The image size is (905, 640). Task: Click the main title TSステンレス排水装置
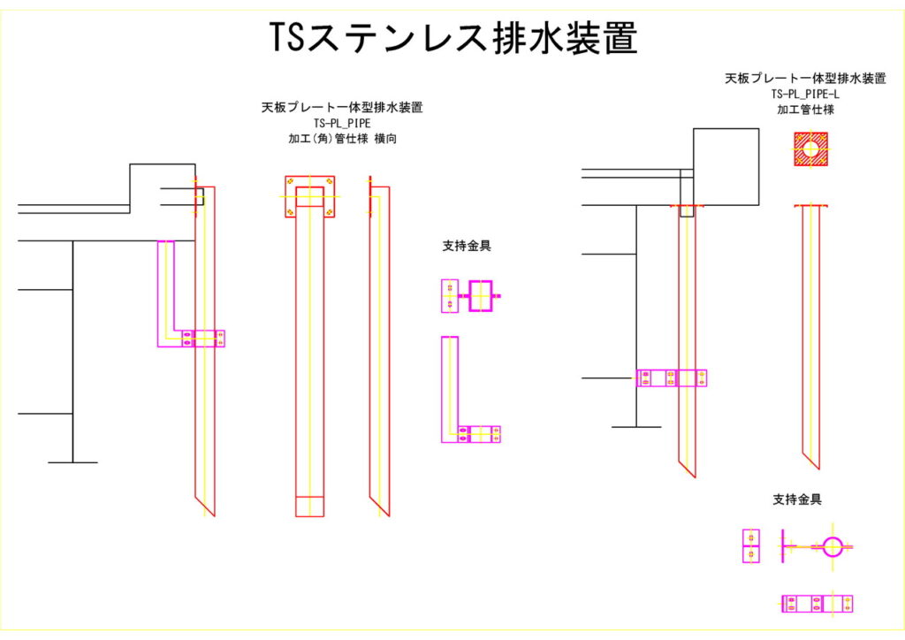click(452, 39)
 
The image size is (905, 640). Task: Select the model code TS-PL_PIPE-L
click(804, 94)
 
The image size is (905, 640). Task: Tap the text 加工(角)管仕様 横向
click(341, 139)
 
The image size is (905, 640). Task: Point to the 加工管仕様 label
click(804, 109)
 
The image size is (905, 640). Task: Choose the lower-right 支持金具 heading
click(797, 499)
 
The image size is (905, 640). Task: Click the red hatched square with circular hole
click(810, 149)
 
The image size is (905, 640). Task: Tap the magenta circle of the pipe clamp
click(833, 546)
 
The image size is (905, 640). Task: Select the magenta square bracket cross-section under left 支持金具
click(481, 295)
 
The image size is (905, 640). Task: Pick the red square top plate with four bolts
click(309, 196)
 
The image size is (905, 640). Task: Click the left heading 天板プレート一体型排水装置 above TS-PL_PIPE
click(341, 108)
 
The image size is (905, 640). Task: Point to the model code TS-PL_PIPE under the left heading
click(341, 124)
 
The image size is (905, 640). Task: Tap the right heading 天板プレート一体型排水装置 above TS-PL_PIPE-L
click(804, 78)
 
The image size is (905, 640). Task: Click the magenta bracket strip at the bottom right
click(817, 604)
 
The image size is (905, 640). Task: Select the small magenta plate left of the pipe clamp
click(750, 546)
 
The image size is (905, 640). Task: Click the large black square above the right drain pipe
click(726, 166)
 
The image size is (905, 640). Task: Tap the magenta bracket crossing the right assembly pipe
click(672, 378)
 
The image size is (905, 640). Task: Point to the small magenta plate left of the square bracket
click(449, 295)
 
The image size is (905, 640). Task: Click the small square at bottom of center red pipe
click(309, 507)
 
